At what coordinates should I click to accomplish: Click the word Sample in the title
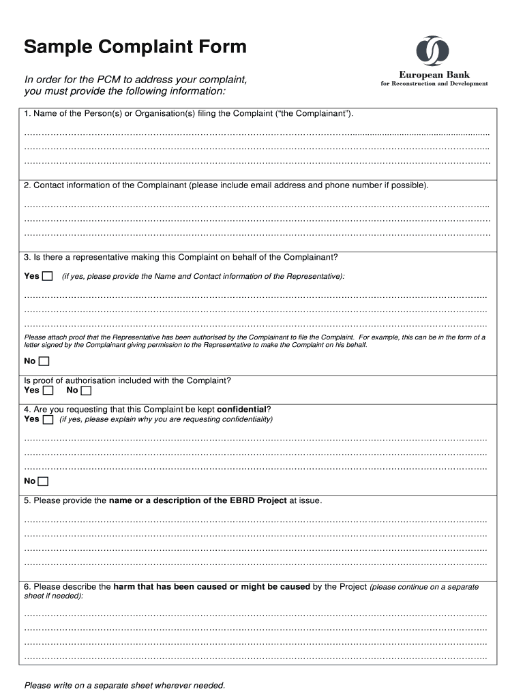pos(59,47)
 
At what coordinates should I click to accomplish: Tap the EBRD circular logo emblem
pos(433,51)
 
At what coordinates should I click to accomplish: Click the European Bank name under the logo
pos(434,74)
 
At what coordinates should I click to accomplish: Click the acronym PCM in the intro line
pos(106,80)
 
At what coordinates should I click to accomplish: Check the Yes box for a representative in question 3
pos(47,276)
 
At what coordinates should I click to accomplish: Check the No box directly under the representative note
pos(44,361)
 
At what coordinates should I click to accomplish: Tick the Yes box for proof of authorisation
pos(48,391)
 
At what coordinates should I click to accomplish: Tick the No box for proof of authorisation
pos(86,391)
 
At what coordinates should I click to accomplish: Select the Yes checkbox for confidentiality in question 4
pos(48,420)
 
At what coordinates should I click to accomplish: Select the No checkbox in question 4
pos(44,482)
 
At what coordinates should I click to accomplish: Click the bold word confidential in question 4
pos(241,409)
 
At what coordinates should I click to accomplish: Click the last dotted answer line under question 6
pos(256,658)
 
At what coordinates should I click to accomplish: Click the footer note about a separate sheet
pos(124,685)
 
